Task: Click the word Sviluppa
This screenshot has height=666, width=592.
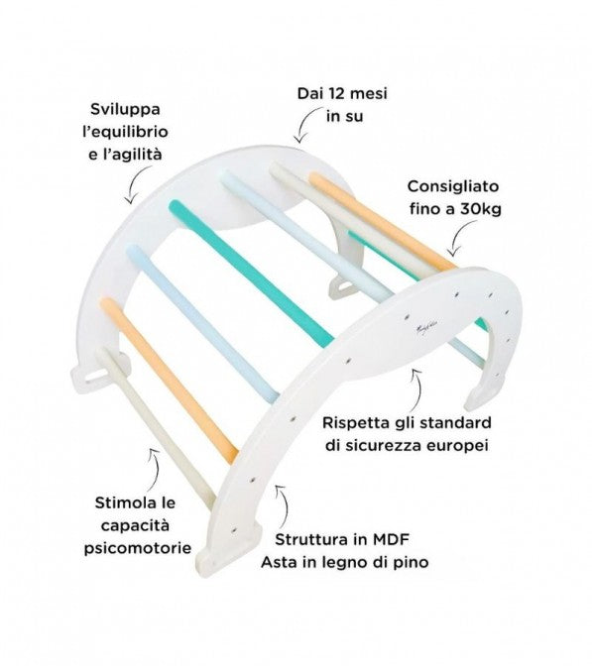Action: (x=125, y=110)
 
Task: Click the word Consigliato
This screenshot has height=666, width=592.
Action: (x=452, y=186)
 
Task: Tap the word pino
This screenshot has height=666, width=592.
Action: (x=412, y=563)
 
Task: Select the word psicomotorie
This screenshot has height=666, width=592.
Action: (x=137, y=548)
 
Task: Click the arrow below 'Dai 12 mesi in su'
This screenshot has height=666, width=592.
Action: (x=307, y=124)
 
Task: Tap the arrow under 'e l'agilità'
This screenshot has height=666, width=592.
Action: (x=137, y=184)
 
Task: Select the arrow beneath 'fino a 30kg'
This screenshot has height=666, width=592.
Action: (x=459, y=240)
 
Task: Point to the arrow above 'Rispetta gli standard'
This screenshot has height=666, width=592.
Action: (x=418, y=388)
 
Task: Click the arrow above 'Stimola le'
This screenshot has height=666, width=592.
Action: (x=155, y=470)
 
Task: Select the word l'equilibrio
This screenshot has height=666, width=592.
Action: (x=125, y=133)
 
